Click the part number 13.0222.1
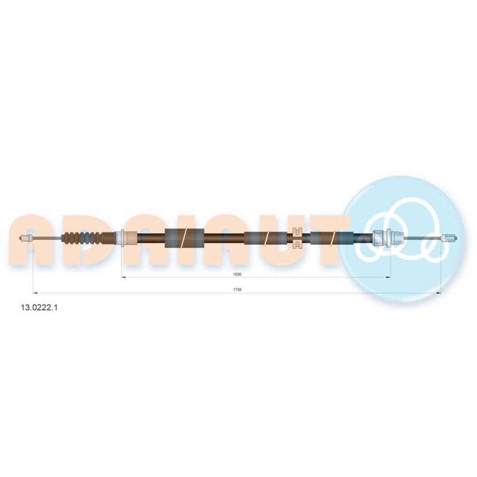tap(39, 308)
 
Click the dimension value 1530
tap(237, 274)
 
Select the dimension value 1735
tap(237, 290)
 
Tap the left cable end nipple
tap(25, 238)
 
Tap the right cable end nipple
tap(450, 237)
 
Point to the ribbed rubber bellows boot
tap(82, 238)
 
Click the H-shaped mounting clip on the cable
tap(296, 237)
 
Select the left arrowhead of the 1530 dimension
tap(123, 277)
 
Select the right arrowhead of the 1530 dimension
tap(389, 277)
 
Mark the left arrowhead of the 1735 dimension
tap(35, 293)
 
